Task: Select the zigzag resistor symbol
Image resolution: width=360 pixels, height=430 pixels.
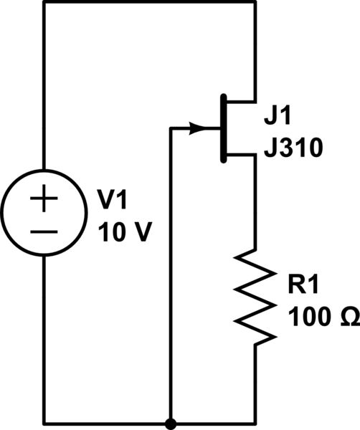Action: tap(257, 296)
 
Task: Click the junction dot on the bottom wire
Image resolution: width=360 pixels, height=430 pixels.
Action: tap(171, 423)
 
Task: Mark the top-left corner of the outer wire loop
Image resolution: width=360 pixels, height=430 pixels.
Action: tap(44, 3)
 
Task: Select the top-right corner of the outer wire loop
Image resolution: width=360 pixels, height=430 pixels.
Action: tap(255, 3)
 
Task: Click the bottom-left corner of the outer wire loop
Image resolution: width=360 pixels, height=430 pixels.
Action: tap(44, 423)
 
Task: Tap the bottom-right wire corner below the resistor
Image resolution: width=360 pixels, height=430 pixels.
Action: tap(255, 423)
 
